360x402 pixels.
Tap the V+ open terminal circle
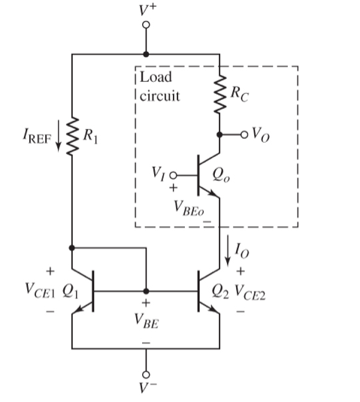[146, 25]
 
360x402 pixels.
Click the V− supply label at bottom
[147, 391]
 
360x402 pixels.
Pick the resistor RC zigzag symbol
[219, 98]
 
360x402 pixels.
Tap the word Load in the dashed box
[156, 77]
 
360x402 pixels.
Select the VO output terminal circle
[244, 135]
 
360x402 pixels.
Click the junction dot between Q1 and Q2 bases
[146, 290]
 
